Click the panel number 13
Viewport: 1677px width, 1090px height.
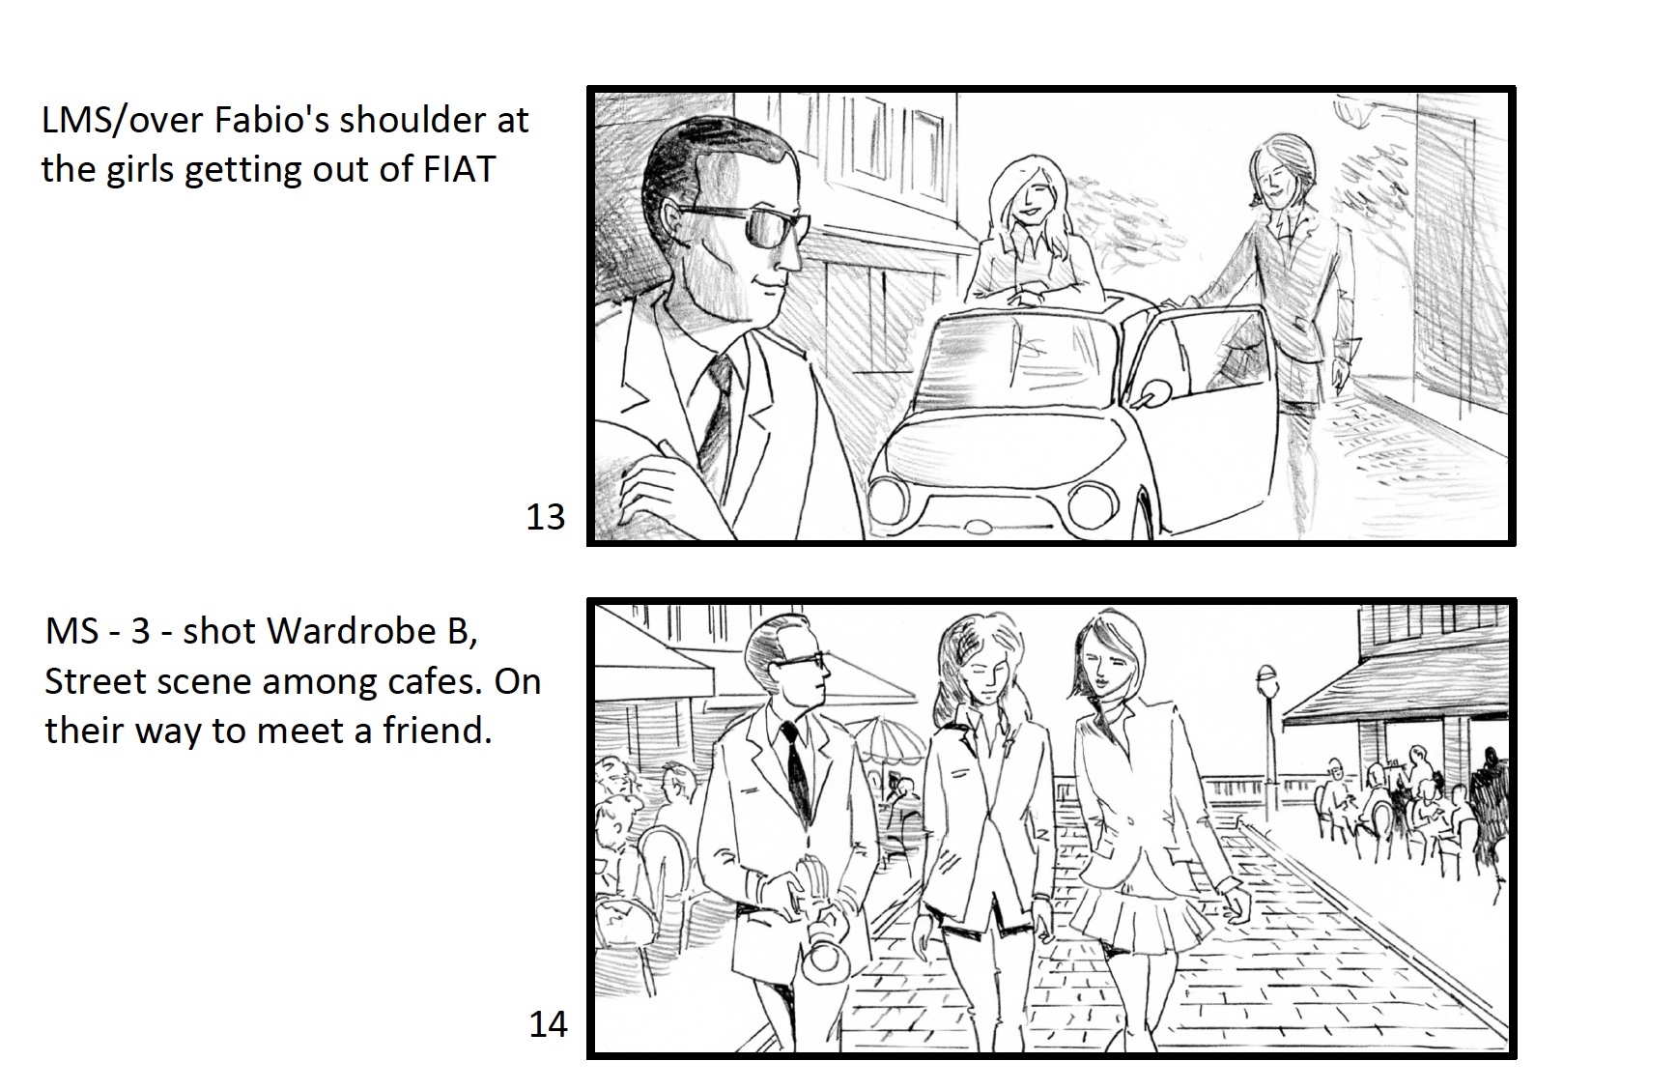545,517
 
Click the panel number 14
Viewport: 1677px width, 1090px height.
548,1024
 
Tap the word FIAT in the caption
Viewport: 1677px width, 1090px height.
460,170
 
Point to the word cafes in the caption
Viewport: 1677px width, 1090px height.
434,682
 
